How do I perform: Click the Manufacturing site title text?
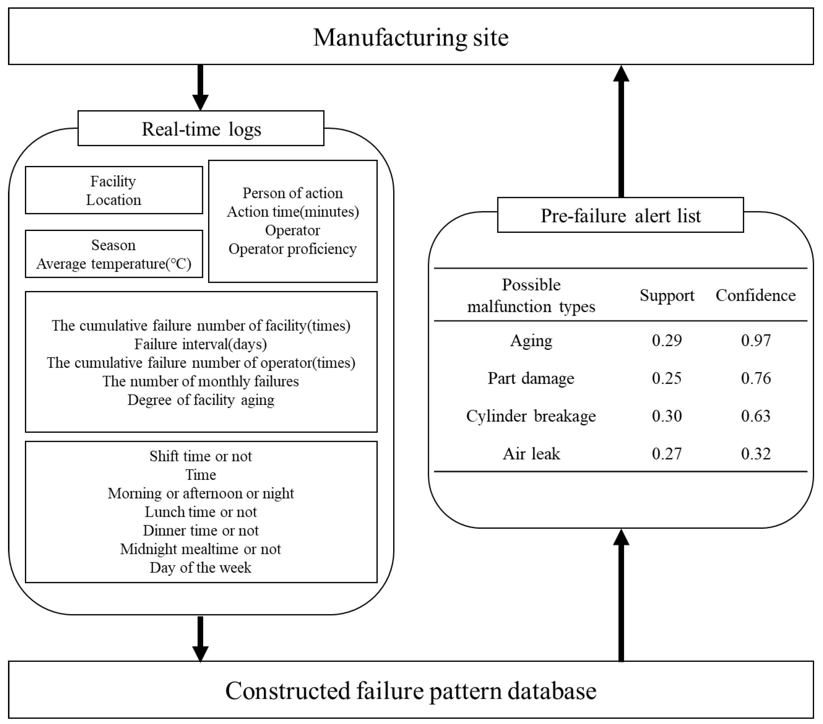click(x=411, y=38)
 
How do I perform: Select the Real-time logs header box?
click(x=201, y=129)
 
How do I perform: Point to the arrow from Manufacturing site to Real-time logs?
click(x=200, y=87)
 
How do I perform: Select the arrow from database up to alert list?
click(x=621, y=596)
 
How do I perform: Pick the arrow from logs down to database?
click(x=200, y=639)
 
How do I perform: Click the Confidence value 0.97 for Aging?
click(x=756, y=341)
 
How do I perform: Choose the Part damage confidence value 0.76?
click(x=756, y=378)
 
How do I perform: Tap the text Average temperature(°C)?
click(x=114, y=264)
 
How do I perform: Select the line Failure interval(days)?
click(x=200, y=344)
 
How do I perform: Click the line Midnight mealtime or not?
click(x=200, y=549)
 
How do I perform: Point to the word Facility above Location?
click(x=113, y=181)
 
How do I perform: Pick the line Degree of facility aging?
click(x=200, y=400)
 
